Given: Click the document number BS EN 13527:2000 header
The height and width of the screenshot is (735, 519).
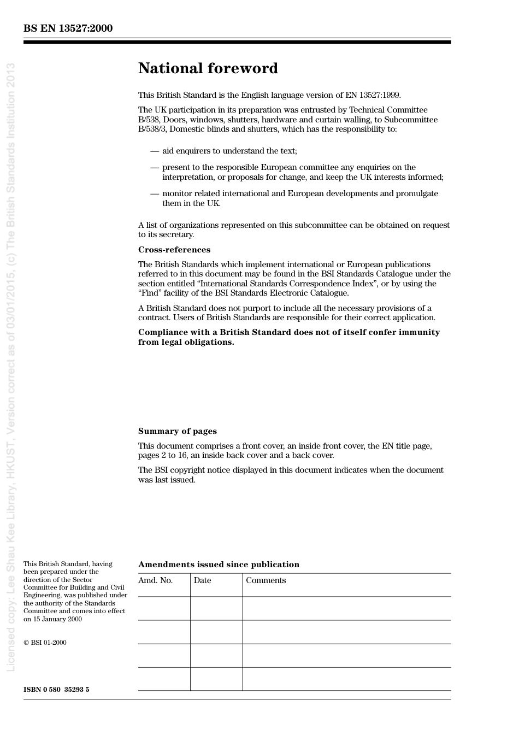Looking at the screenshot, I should pyautogui.click(x=68, y=28).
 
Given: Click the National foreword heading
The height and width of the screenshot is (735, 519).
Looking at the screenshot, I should pyautogui.click(x=208, y=68).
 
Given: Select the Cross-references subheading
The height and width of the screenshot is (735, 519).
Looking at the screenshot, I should pyautogui.click(x=174, y=250).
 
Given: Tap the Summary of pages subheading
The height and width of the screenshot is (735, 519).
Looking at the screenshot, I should pyautogui.click(x=177, y=431).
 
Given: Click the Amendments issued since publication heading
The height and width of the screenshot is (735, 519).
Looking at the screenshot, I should pyautogui.click(x=219, y=565).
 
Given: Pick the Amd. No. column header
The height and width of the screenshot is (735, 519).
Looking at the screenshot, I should pyautogui.click(x=155, y=580).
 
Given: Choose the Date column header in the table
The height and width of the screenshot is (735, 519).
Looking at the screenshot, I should pyautogui.click(x=202, y=580).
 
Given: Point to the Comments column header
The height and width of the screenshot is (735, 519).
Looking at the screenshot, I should pyautogui.click(x=266, y=580).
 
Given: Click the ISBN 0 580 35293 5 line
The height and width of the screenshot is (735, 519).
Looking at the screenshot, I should pyautogui.click(x=56, y=689).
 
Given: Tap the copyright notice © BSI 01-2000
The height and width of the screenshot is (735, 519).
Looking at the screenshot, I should pyautogui.click(x=45, y=643).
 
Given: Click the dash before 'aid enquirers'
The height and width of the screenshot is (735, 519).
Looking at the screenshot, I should pyautogui.click(x=155, y=151).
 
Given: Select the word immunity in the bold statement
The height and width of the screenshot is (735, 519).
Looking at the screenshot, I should pyautogui.click(x=420, y=332).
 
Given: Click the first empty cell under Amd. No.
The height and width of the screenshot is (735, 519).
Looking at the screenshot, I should pyautogui.click(x=164, y=608).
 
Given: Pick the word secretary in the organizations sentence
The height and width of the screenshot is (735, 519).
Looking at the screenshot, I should pyautogui.click(x=176, y=234).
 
